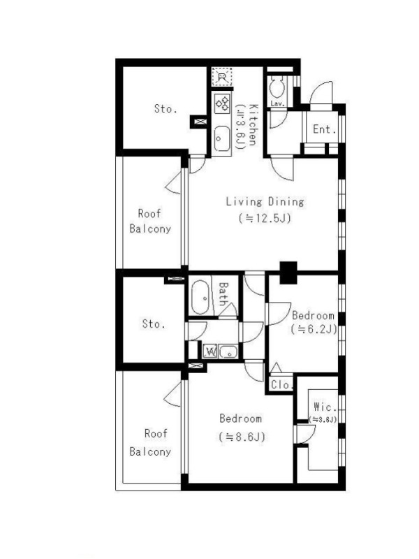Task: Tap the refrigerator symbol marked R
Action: click(x=221, y=77)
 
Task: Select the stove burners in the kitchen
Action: click(x=221, y=103)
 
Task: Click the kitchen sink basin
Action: click(x=221, y=138)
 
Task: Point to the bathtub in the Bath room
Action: click(x=200, y=296)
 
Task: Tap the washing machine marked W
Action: click(x=211, y=352)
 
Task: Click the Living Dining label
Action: click(x=265, y=201)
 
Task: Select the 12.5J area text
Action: click(x=265, y=218)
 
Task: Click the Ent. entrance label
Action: click(x=324, y=129)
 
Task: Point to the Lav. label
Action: click(x=277, y=103)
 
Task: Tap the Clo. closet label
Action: click(x=281, y=385)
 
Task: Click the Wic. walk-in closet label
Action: click(x=325, y=407)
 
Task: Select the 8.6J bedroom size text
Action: click(x=242, y=437)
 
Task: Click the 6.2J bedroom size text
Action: click(x=314, y=329)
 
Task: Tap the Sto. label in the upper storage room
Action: click(x=166, y=108)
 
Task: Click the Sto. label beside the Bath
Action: click(x=154, y=324)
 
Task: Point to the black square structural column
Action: click(x=288, y=273)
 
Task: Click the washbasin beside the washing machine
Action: click(x=228, y=352)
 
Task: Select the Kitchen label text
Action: click(x=253, y=125)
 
